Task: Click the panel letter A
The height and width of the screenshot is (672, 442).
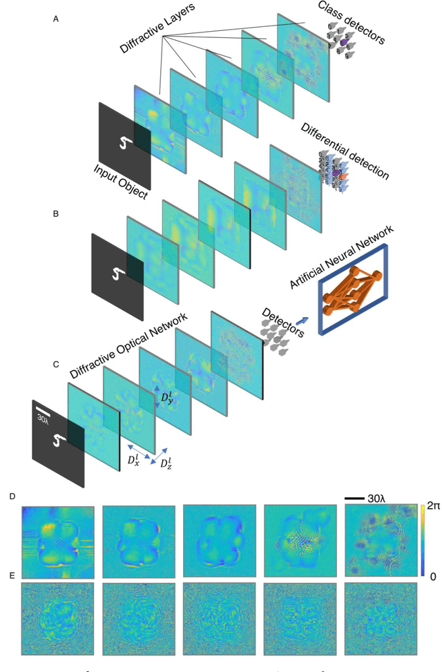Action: coord(56,19)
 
